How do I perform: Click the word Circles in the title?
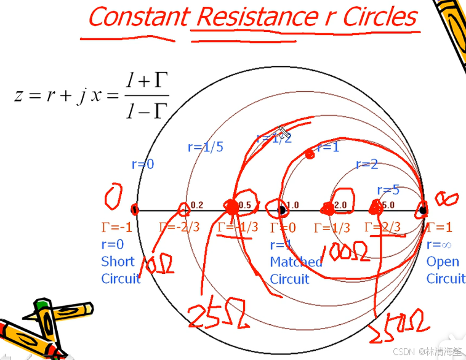tap(379, 17)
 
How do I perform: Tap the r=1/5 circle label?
tap(206, 148)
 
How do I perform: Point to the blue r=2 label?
tap(367, 164)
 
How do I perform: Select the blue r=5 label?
tap(388, 190)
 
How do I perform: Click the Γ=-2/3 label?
tap(179, 227)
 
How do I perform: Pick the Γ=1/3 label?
tap(332, 228)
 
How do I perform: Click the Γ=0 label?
tap(283, 228)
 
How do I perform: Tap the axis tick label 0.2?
tap(197, 205)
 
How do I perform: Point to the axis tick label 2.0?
tap(340, 205)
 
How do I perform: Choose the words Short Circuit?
tap(121, 270)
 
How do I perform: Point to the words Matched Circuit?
tap(295, 270)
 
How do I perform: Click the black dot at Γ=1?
tap(423, 210)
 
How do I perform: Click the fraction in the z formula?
tap(147, 96)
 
